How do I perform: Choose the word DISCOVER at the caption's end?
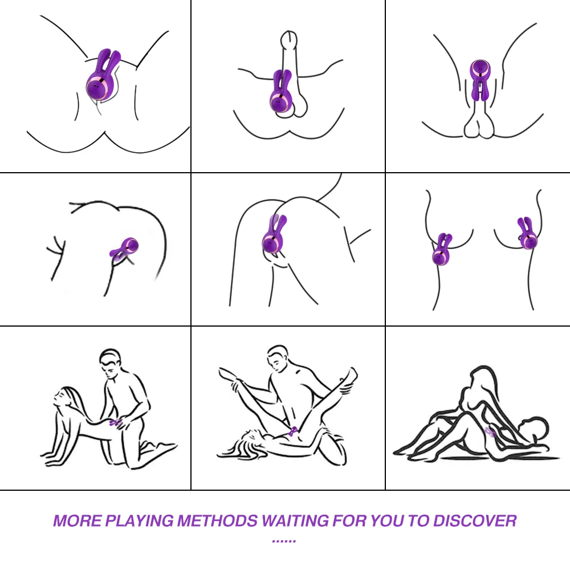pyautogui.click(x=474, y=521)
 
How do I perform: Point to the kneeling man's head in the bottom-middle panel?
pyautogui.click(x=278, y=359)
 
